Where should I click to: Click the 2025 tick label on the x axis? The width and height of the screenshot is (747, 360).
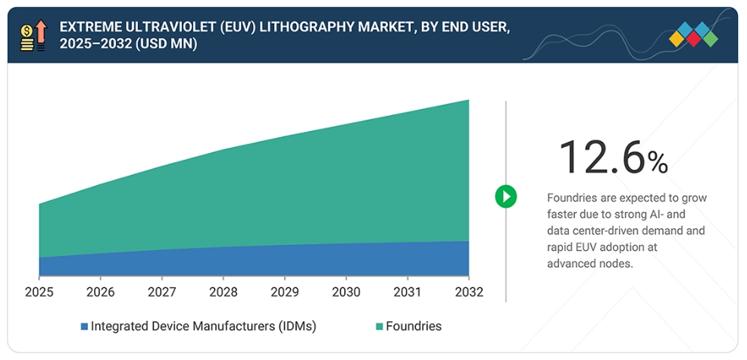tap(39, 292)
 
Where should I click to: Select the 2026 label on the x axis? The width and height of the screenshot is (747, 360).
tap(100, 292)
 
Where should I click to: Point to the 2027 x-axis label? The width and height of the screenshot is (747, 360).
tap(161, 292)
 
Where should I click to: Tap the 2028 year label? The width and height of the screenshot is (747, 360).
tap(223, 292)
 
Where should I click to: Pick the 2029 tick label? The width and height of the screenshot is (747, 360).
tap(284, 292)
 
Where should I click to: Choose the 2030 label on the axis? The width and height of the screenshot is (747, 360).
tap(345, 292)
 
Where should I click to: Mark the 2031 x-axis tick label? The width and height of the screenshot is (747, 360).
tap(407, 292)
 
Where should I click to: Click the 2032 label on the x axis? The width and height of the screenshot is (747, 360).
tap(468, 292)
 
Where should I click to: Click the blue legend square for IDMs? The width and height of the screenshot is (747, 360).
tap(84, 327)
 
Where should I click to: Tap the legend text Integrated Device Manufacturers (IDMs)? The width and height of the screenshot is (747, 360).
tap(203, 327)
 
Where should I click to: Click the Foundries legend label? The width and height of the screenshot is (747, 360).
tap(414, 327)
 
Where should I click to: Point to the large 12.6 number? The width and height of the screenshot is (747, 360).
tap(602, 158)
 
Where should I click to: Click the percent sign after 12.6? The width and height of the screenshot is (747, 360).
tap(658, 161)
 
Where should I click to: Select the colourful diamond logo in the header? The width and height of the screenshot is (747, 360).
tap(693, 35)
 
